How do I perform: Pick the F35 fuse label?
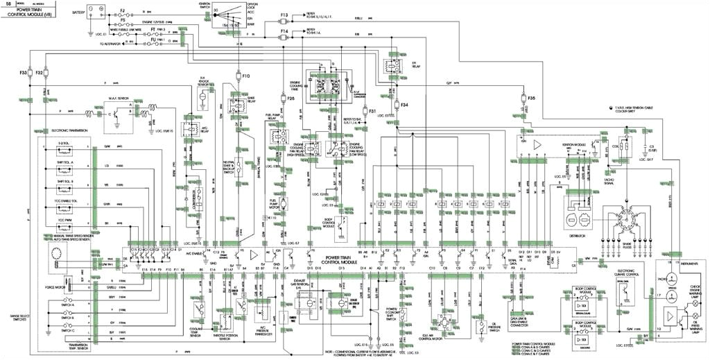[x=532, y=98]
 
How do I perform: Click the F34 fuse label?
[x=404, y=105]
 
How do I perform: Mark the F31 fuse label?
[x=372, y=111]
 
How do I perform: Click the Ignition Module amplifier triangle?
[x=537, y=145]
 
